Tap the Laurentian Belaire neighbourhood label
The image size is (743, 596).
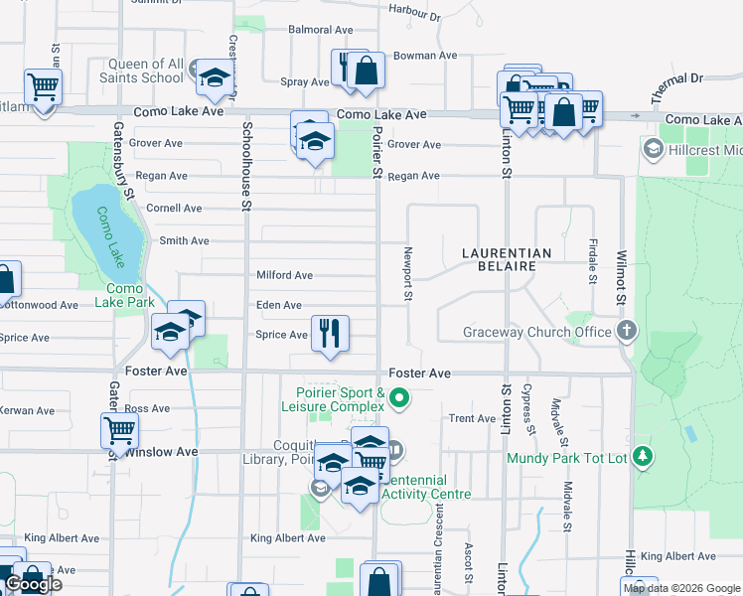pos(507,260)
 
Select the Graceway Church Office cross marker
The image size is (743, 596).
pos(626,331)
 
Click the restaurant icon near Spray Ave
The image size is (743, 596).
pos(347,68)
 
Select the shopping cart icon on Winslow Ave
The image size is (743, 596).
pos(119,430)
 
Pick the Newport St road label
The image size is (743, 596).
pos(407,273)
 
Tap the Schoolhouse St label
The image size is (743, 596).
pos(244,164)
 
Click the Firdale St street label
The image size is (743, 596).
pos(593,260)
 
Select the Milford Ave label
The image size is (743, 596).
pos(285,275)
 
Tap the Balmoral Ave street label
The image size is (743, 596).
pos(321,30)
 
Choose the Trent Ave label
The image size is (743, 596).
pos(472,418)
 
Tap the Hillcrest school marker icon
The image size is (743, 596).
pos(653,150)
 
